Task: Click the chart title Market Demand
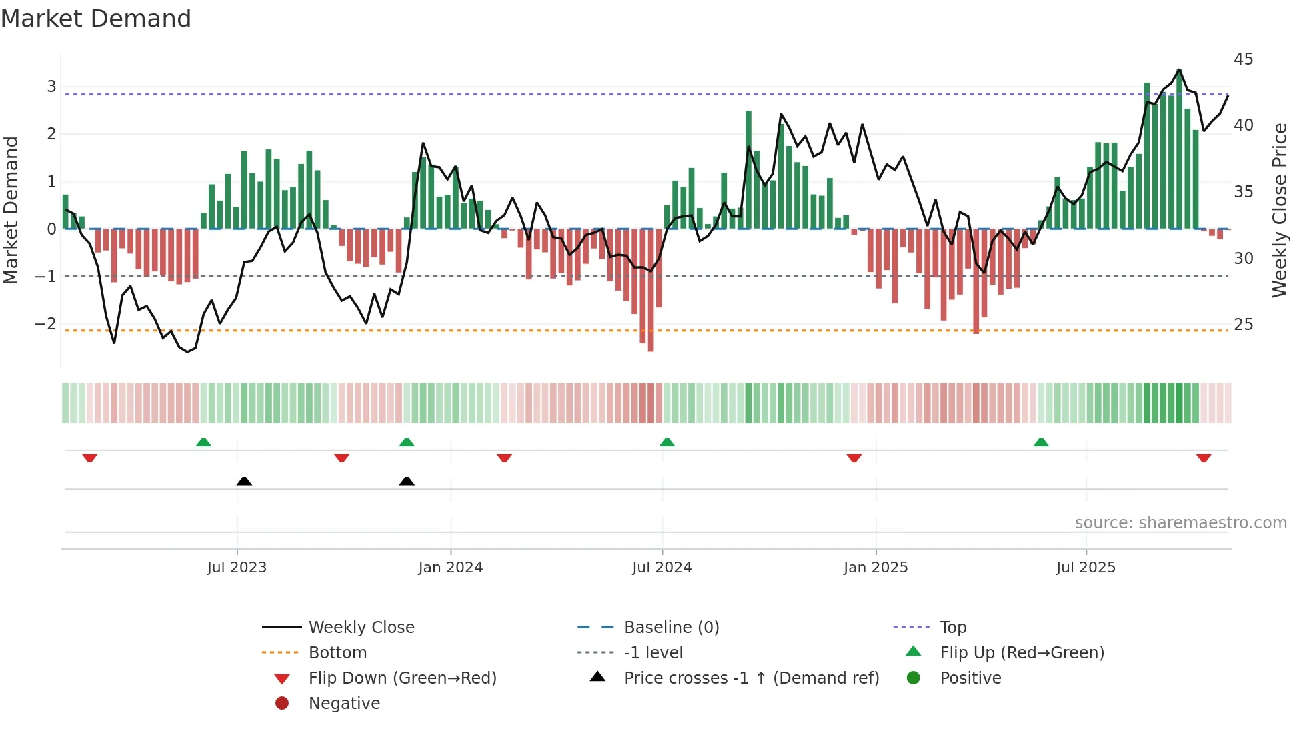[96, 19]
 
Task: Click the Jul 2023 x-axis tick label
[237, 568]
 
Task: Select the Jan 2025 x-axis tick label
[875, 568]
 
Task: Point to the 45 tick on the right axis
[1243, 59]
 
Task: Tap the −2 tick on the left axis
[46, 324]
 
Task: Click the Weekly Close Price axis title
[1279, 210]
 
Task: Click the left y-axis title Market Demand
[11, 210]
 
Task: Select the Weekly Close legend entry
[361, 628]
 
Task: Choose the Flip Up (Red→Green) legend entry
[1021, 653]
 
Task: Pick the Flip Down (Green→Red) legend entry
[402, 678]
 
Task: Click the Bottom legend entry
[337, 653]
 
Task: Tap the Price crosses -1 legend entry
[751, 678]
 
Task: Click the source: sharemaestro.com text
[1180, 523]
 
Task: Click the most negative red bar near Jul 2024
[651, 290]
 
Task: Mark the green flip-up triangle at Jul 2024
[667, 442]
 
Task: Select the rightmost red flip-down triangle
[1204, 458]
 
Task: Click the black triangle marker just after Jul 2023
[244, 481]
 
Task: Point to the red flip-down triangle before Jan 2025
[854, 458]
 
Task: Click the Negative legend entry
[343, 704]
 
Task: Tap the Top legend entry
[952, 628]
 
